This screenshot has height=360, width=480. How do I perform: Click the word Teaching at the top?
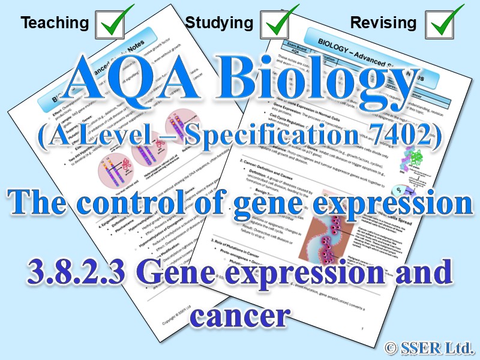(x=55, y=23)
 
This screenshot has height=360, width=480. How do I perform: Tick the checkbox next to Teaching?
(x=113, y=23)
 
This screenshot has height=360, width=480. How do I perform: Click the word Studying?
(x=219, y=23)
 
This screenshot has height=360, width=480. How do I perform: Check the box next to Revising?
(x=445, y=23)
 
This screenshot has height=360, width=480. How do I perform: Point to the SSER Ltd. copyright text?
(x=431, y=346)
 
